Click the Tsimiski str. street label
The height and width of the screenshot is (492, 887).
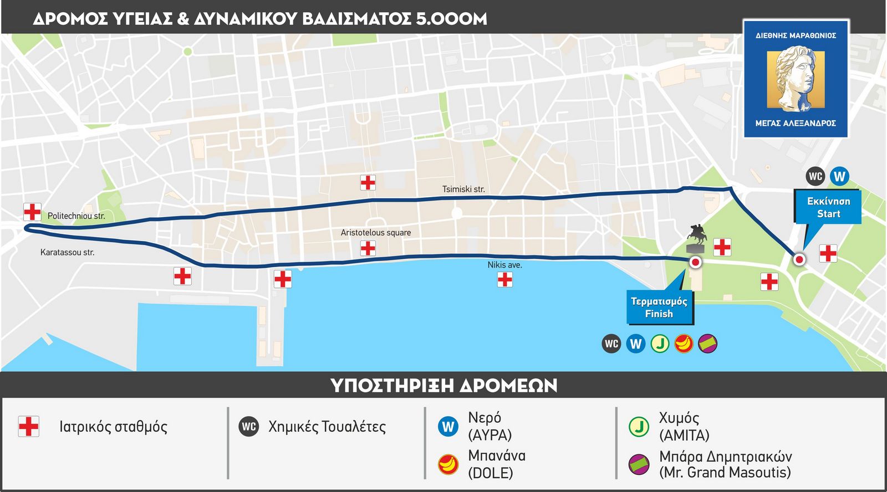(463, 189)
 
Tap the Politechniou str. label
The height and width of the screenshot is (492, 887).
(76, 216)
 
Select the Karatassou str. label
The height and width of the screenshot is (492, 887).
(67, 253)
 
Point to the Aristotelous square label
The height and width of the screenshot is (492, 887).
(375, 233)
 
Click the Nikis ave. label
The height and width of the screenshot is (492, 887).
(504, 265)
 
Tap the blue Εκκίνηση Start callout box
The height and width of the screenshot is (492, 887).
(828, 207)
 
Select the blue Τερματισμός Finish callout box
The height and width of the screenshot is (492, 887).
(659, 307)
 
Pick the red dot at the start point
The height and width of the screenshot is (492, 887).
(799, 259)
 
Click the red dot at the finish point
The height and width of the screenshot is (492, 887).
(695, 263)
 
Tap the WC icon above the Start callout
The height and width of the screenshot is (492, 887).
(815, 176)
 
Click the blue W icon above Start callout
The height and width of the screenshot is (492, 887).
(839, 176)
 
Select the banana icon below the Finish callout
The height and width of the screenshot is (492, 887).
(684, 344)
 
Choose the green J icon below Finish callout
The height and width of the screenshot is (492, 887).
(660, 344)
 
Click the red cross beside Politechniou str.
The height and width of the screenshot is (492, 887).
(32, 212)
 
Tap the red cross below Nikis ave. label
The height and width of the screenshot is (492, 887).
(504, 280)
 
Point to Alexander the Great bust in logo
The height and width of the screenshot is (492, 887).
(795, 78)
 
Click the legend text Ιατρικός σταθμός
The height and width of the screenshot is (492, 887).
(113, 427)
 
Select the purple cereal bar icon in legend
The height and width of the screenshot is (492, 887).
(639, 464)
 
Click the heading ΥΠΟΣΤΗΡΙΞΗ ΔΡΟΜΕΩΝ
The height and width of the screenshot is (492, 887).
(443, 385)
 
